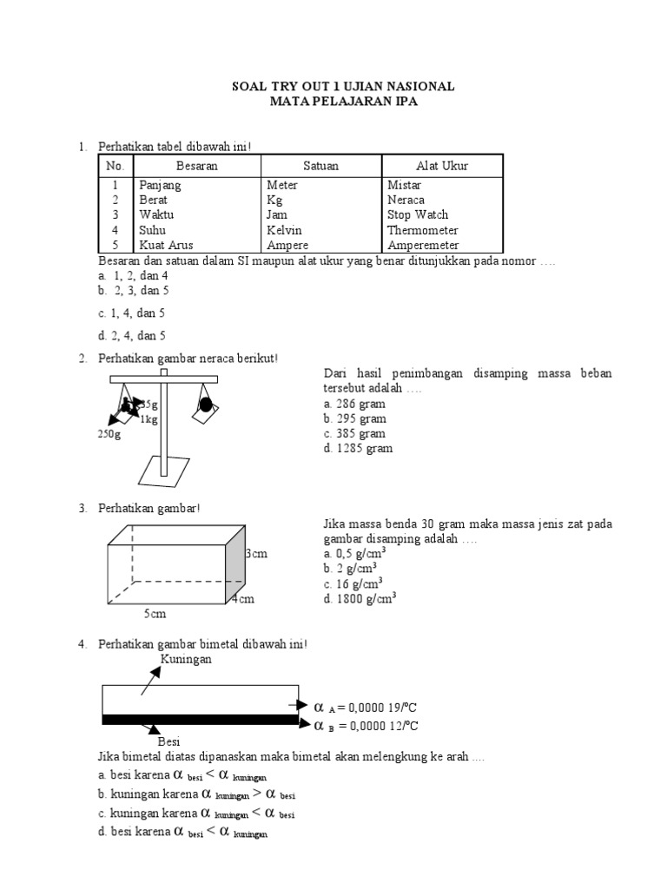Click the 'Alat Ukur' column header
(x=442, y=166)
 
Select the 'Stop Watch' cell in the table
(x=418, y=214)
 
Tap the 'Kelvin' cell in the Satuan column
(x=285, y=230)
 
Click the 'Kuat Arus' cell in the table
(x=165, y=246)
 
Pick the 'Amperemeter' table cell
(x=423, y=246)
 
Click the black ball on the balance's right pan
(x=206, y=405)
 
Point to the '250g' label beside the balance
(x=109, y=435)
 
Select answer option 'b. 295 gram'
(x=353, y=418)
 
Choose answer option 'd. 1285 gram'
(x=357, y=448)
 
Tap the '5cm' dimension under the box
(x=155, y=615)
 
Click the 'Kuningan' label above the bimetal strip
(x=187, y=659)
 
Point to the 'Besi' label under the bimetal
(x=168, y=741)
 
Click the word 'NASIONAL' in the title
(x=419, y=87)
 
